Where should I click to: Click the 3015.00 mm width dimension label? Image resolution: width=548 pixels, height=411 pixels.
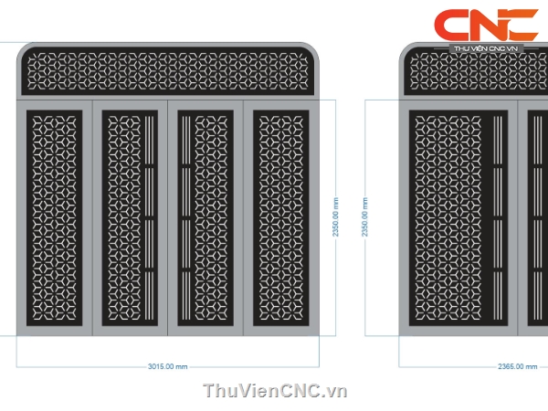[167, 367]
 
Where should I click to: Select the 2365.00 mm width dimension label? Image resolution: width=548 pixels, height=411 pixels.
[517, 367]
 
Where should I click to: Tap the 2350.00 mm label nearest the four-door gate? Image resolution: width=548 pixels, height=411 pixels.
[336, 217]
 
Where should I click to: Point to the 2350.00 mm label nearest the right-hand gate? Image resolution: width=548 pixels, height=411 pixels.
[364, 217]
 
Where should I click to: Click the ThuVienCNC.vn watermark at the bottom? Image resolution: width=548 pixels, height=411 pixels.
[275, 391]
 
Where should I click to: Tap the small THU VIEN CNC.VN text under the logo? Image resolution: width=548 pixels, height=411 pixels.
[486, 49]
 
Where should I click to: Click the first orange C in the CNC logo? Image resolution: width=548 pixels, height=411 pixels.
[452, 26]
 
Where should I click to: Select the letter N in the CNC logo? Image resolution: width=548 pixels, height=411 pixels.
[487, 26]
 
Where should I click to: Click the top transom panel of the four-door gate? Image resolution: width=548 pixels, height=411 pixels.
[170, 72]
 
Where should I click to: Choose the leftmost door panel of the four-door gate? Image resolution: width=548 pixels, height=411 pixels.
[54, 219]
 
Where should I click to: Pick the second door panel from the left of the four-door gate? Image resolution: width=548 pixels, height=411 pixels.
[130, 219]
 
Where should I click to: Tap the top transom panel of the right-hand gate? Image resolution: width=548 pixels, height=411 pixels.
[475, 72]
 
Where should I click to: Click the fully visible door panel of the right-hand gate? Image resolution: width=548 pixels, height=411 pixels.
[458, 219]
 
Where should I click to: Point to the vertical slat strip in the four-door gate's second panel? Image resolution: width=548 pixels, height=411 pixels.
[147, 219]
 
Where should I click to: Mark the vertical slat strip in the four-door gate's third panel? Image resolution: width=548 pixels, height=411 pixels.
[186, 219]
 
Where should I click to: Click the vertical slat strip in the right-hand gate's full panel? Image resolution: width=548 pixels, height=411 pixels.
[498, 219]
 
